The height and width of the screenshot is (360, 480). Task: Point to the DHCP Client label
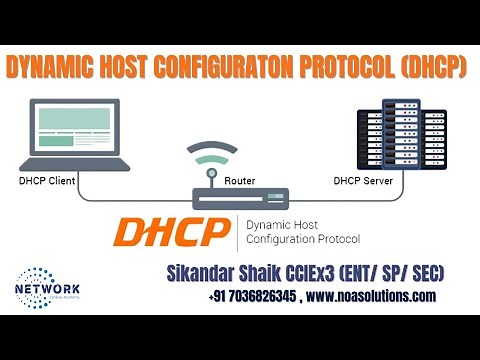point(48,182)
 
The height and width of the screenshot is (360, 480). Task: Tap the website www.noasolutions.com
point(376,297)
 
